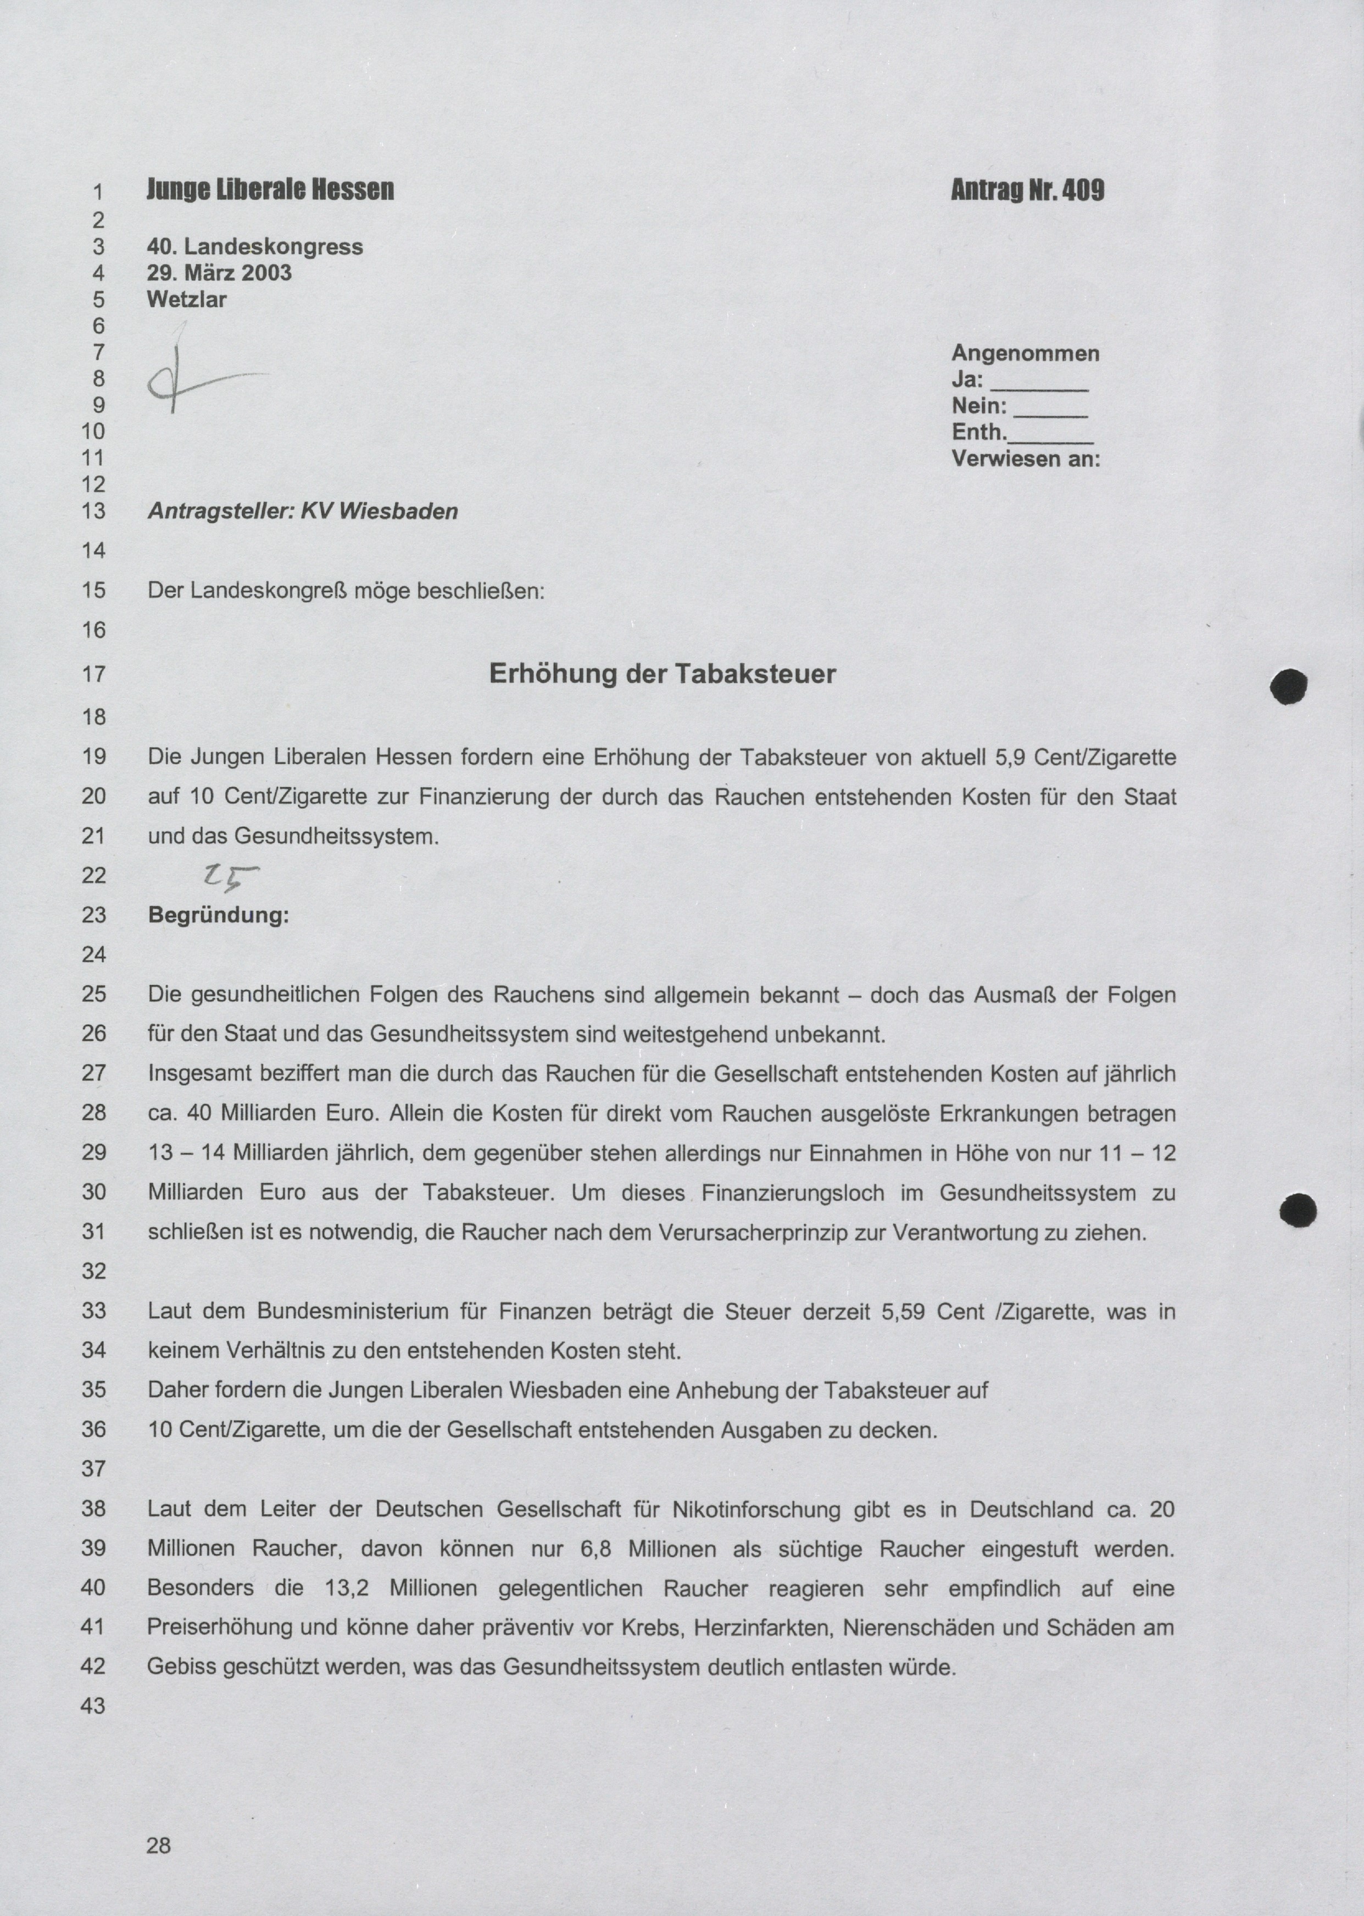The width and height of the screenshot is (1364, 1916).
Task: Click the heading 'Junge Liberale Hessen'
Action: click(270, 190)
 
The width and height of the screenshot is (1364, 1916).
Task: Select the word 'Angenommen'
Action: click(1025, 353)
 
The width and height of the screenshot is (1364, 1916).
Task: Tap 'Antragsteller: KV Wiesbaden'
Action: click(302, 511)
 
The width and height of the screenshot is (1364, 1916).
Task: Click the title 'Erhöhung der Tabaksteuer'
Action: click(662, 674)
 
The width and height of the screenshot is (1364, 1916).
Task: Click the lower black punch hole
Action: click(1298, 1211)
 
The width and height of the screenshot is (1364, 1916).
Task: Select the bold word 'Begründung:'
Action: click(219, 915)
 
